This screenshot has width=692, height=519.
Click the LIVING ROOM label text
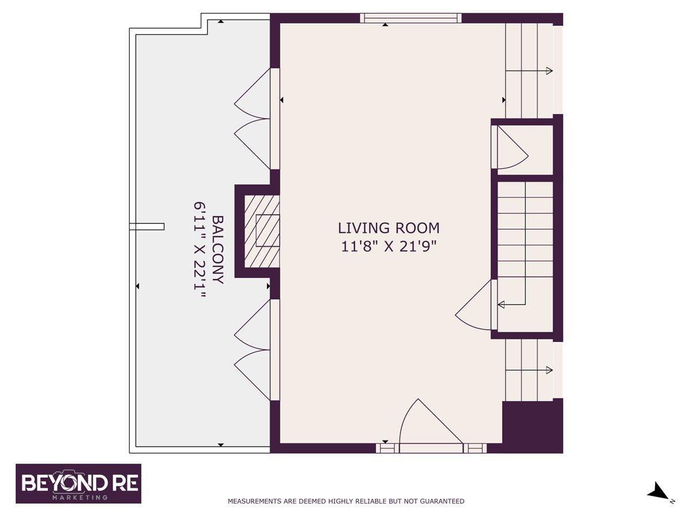389,228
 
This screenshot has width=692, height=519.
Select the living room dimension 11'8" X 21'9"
389,246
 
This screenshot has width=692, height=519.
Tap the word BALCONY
218,250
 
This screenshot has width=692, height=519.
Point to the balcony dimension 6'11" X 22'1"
200,250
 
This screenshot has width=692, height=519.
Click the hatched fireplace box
262,232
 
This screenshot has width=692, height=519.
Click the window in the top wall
411,18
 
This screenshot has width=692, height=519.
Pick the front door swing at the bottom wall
430,423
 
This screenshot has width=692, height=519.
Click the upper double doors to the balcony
252,119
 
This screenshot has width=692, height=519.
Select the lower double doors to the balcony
252,350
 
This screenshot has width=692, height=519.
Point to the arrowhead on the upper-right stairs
550,70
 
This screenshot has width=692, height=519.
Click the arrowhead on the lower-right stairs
550,370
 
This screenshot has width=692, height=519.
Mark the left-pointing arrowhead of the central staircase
501,304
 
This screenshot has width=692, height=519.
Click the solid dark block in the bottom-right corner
532,426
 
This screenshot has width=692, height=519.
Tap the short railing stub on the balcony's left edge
147,227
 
